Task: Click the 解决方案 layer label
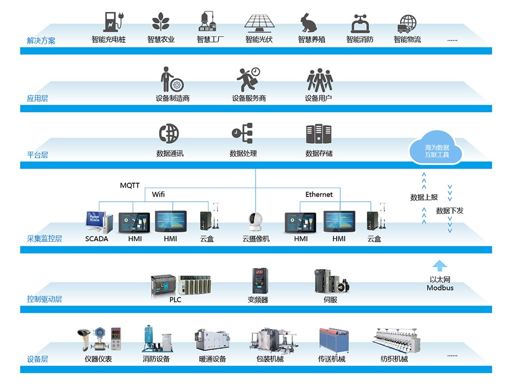coord(41,41)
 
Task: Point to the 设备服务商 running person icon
coord(248,80)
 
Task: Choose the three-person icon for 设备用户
coord(320,80)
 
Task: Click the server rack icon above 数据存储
coord(319,134)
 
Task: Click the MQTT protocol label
coord(129,186)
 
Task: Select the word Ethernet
coord(319,195)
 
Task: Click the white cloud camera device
coord(256,222)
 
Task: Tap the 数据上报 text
coord(424,198)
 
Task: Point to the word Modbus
coord(440,288)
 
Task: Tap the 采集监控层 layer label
coord(44,239)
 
